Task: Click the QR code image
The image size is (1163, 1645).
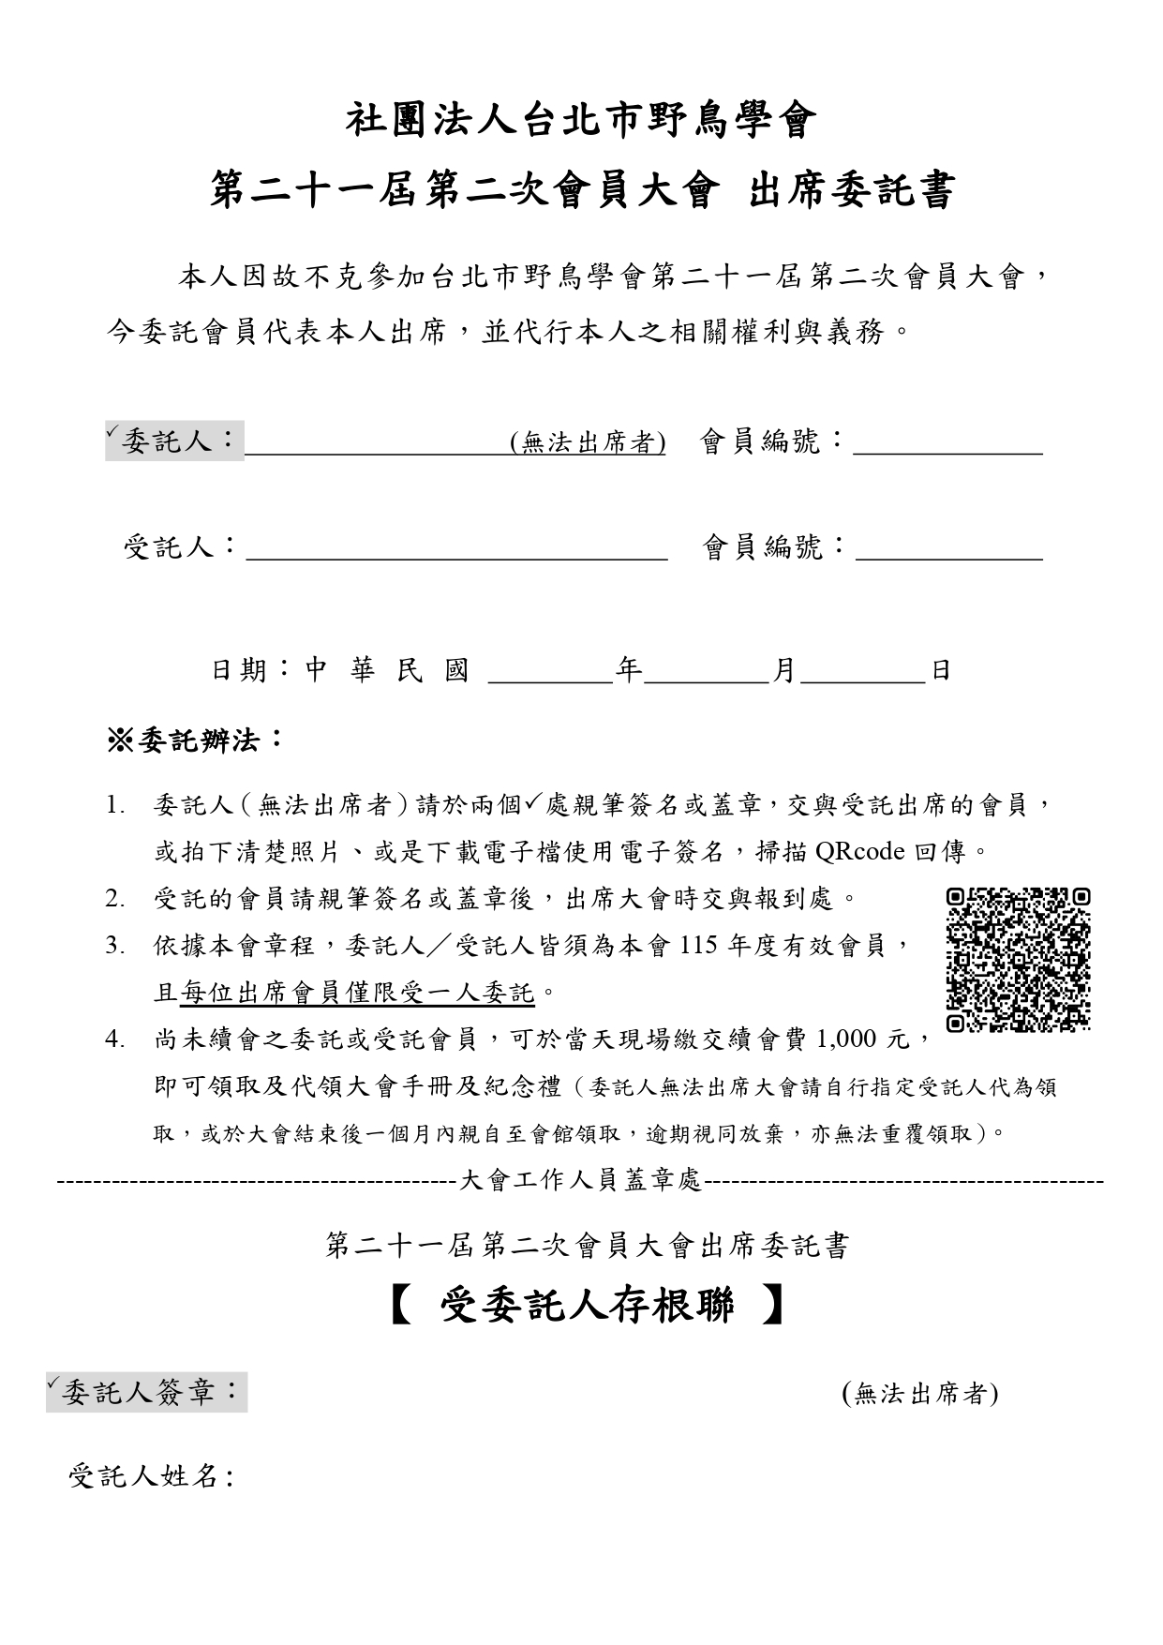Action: point(1018,960)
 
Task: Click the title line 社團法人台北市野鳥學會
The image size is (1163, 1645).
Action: point(582,121)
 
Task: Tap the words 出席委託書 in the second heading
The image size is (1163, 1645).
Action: point(851,191)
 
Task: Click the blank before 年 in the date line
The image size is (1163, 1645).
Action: point(551,672)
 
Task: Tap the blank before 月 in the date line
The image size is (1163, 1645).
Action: point(707,672)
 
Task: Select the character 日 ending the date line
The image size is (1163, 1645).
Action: point(940,671)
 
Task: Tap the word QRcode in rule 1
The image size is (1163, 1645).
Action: point(859,851)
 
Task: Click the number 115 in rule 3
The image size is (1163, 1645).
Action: point(697,946)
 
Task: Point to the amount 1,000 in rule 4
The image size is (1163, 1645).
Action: point(846,1039)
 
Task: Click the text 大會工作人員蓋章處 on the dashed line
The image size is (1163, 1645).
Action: point(581,1181)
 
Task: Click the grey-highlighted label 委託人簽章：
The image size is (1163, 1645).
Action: point(147,1393)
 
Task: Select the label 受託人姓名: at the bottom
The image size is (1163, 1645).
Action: point(152,1477)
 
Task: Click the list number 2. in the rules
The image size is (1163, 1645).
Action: point(114,899)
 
